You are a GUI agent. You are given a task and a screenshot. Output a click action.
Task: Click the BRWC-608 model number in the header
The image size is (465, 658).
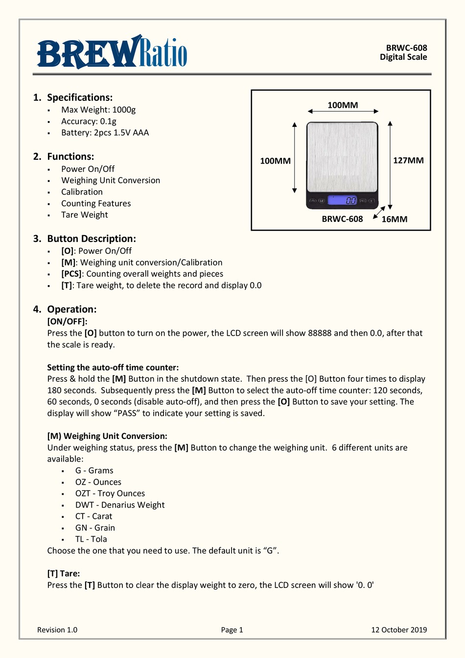click(406, 48)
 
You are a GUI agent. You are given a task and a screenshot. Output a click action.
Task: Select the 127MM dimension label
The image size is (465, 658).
click(408, 161)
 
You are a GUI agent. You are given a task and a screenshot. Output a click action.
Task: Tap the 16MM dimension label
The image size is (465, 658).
click(395, 219)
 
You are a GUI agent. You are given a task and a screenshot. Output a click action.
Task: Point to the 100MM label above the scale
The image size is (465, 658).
click(343, 105)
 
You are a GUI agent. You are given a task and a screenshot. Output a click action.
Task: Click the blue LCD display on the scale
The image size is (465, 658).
click(343, 200)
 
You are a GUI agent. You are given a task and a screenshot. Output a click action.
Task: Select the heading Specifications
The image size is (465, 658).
click(80, 97)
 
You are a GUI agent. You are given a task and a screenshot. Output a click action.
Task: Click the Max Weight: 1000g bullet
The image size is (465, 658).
click(98, 110)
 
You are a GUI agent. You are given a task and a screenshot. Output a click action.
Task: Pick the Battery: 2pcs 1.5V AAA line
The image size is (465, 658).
click(105, 133)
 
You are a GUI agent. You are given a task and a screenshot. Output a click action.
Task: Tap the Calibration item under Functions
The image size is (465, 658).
click(82, 192)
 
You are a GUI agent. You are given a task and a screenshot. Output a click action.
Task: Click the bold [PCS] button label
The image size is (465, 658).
click(71, 274)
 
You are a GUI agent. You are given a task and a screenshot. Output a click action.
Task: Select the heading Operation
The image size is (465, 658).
click(71, 309)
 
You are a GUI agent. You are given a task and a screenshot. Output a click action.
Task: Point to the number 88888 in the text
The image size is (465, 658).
click(320, 333)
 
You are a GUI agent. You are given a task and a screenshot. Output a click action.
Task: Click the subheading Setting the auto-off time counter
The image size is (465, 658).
click(113, 367)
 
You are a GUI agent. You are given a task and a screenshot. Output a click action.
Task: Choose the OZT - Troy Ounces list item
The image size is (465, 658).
click(110, 493)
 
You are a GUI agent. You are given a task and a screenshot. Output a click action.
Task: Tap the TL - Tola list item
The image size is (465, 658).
click(91, 539)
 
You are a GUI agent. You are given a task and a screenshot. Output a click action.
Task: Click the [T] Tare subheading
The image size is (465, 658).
click(64, 573)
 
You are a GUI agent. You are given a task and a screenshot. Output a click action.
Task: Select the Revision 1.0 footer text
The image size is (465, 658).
click(57, 630)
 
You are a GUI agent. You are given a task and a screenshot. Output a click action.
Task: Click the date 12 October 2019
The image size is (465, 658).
click(399, 630)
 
